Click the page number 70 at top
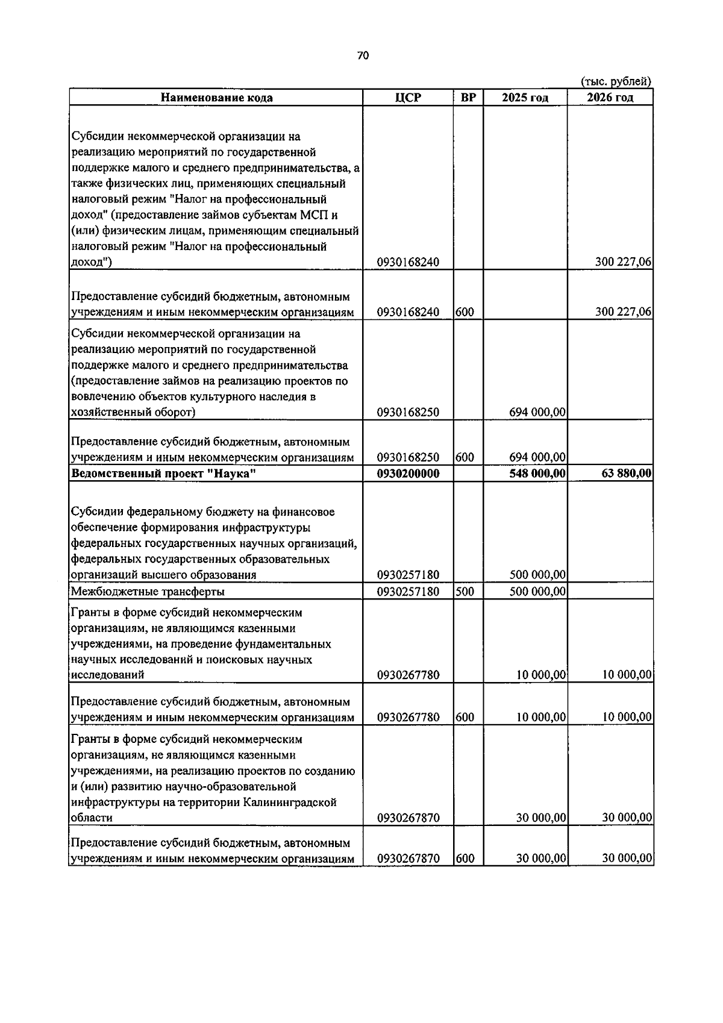point(362,56)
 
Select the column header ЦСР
point(408,98)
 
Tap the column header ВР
point(468,98)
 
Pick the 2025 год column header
point(525,98)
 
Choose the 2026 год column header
point(610,98)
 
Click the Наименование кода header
point(216,98)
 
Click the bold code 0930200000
point(408,474)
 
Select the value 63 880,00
point(626,474)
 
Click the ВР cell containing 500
point(465,592)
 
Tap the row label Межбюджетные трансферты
point(148,592)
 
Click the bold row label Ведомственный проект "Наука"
point(163,474)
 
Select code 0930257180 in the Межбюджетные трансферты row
point(408,592)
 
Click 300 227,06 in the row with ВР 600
point(623,312)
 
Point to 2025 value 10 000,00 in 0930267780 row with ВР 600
point(540,717)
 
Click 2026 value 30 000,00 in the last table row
point(626,858)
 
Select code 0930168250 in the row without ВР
point(408,412)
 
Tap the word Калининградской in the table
point(290,802)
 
